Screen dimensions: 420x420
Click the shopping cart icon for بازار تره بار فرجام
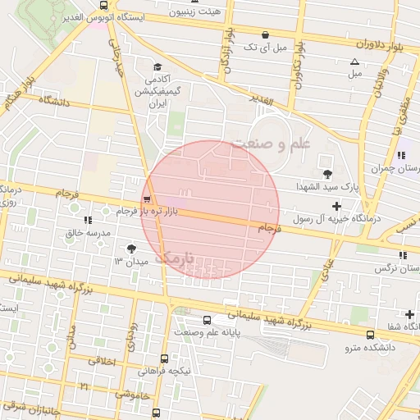[146, 199]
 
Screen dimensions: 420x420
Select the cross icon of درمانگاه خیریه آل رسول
[336, 206]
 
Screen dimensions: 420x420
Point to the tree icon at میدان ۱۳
[131, 248]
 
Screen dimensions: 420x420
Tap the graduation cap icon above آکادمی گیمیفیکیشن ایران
[157, 67]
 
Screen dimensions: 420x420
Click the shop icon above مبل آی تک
[265, 35]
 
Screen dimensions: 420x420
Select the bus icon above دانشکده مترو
[370, 335]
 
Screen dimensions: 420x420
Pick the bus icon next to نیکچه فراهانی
[165, 358]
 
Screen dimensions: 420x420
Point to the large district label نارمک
[176, 257]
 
